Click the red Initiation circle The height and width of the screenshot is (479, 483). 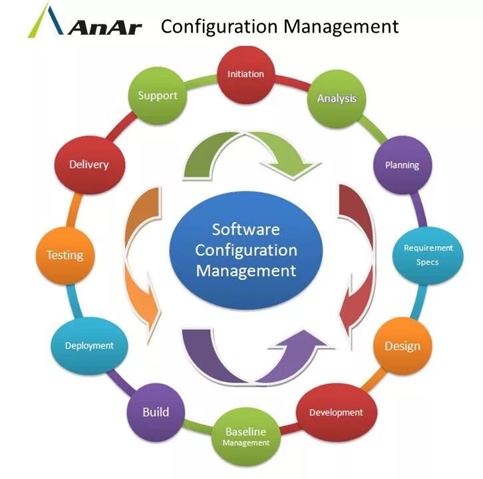click(245, 74)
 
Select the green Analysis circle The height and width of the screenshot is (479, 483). click(336, 98)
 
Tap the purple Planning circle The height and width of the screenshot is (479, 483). click(402, 165)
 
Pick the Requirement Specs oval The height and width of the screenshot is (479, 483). click(428, 255)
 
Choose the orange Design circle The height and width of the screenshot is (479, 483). click(402, 346)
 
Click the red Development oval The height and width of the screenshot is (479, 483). click(335, 412)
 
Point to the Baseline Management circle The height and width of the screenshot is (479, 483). click(245, 436)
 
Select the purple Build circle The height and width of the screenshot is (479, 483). click(156, 412)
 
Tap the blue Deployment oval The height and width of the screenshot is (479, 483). click(89, 346)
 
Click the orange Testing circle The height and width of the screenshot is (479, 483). click(65, 255)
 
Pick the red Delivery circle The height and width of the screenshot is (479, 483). click(88, 164)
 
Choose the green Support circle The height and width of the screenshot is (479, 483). click(157, 96)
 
